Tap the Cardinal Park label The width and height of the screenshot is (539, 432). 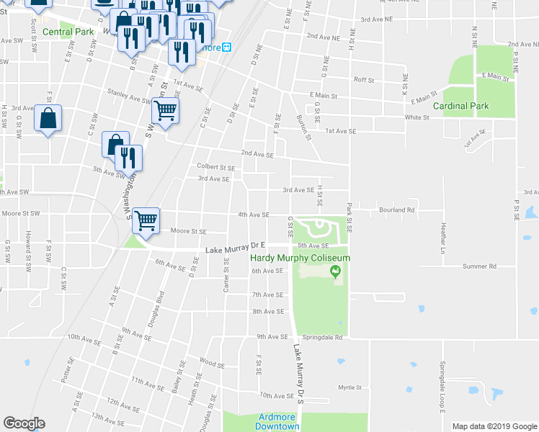pos(460,106)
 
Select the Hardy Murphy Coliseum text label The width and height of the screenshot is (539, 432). pos(300,258)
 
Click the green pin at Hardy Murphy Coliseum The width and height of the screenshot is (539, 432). pos(334,271)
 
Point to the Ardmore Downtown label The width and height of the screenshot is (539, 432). pos(277,422)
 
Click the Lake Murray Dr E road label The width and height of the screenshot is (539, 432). pos(236,249)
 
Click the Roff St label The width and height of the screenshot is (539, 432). pos(363,80)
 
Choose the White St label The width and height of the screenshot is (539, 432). pos(416,117)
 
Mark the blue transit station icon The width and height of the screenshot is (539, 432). pos(226,48)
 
